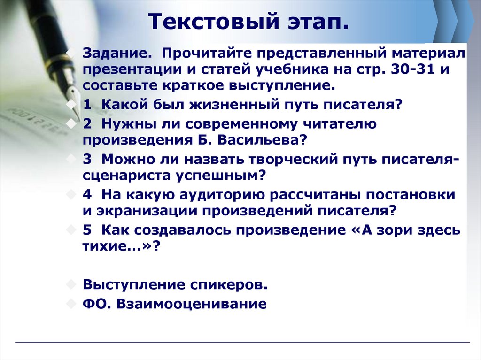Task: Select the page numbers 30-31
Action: [412, 69]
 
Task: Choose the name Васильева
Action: [255, 140]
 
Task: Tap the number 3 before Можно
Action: [87, 158]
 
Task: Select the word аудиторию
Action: [228, 194]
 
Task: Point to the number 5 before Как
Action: [87, 230]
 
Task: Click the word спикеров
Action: [230, 284]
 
